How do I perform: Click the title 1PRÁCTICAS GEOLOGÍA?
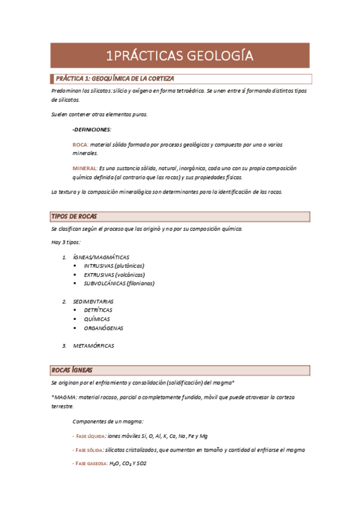click(x=179, y=56)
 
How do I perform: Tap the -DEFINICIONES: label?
click(x=91, y=129)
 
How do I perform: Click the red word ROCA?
click(x=79, y=145)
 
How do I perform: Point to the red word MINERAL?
click(x=84, y=168)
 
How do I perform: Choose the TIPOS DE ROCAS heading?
click(x=76, y=217)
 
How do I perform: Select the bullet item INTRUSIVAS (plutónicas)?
click(x=114, y=266)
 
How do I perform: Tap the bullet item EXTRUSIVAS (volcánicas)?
click(x=114, y=274)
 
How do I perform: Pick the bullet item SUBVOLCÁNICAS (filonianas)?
click(x=119, y=283)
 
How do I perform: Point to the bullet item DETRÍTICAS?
click(x=98, y=310)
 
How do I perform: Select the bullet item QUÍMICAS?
click(x=97, y=319)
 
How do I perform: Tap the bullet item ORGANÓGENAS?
click(x=103, y=328)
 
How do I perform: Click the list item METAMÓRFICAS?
click(x=93, y=346)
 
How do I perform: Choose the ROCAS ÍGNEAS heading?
click(x=73, y=370)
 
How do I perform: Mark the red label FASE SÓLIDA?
click(x=88, y=450)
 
